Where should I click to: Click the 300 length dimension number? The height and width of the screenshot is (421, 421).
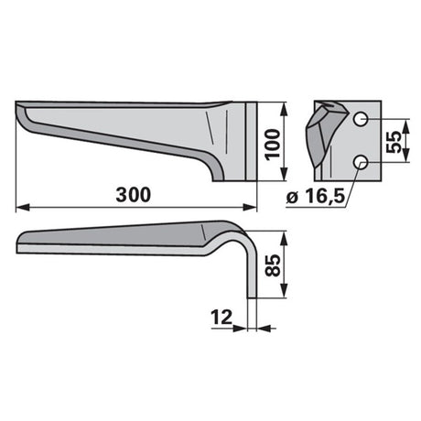tap(134, 195)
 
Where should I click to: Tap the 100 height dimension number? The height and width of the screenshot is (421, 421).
tap(273, 144)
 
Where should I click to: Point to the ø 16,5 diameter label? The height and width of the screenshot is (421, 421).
tap(316, 196)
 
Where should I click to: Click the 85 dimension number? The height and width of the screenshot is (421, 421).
tap(273, 265)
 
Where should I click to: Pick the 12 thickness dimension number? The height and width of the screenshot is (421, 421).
tap(221, 318)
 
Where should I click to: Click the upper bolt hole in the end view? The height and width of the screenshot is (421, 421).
tap(361, 119)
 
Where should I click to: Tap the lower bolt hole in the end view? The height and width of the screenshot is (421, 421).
tap(361, 162)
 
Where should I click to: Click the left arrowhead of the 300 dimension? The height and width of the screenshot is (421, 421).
tap(23, 208)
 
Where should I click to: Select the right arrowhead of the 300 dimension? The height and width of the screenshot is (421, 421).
tap(250, 208)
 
